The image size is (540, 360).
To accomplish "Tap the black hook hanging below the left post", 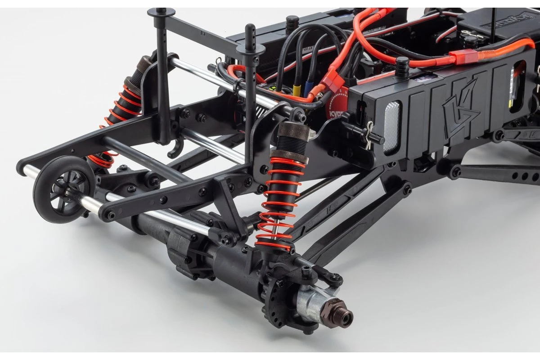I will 173,151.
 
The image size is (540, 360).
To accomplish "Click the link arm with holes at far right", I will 499,173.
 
